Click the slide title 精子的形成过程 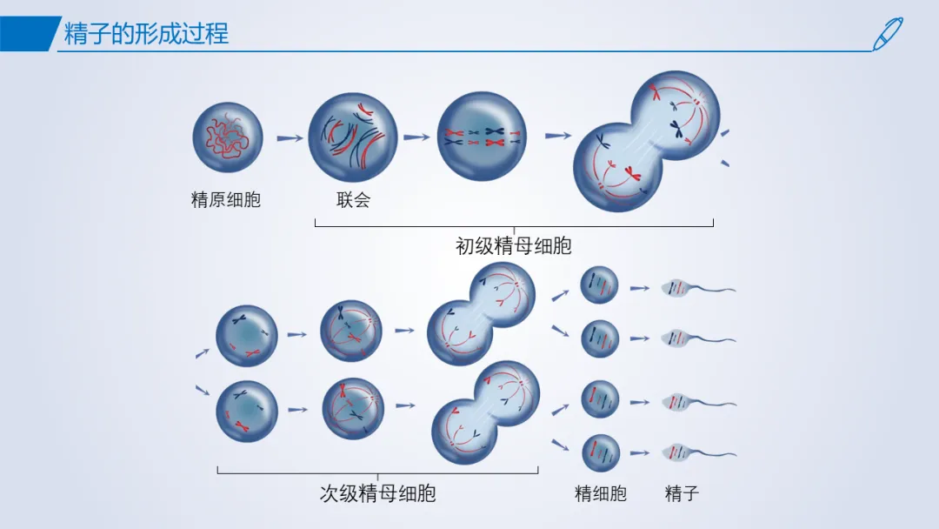pos(146,34)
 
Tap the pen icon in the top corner pos(888,34)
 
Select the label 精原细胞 pos(226,199)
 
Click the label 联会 pos(353,199)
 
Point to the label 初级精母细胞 pos(513,245)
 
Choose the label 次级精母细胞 pos(377,493)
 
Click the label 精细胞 pos(600,493)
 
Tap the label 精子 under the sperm pos(682,493)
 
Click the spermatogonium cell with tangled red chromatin pos(228,137)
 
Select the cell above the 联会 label pos(353,137)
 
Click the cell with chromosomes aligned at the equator pos(482,137)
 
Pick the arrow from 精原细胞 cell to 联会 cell pos(290,138)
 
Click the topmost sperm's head pos(676,288)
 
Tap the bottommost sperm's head pos(676,452)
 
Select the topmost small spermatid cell pos(599,285)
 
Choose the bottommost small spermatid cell pos(601,453)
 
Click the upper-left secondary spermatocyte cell pos(246,336)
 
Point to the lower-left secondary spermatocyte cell pos(247,412)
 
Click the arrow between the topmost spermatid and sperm pos(640,289)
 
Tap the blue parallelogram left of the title pos(29,34)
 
